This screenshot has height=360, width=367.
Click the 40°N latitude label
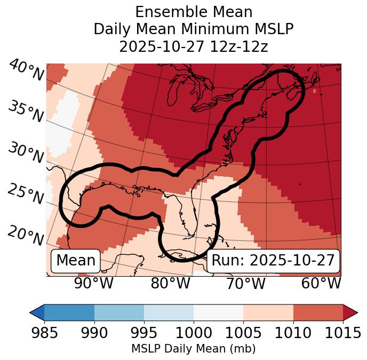pos(26,71)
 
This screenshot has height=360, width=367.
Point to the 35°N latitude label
pos(26,112)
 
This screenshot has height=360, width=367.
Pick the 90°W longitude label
pos(94,283)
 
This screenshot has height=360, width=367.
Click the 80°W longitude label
pos(170,283)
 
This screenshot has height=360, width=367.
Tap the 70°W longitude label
pos(245,283)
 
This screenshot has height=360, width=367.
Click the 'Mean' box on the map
pos(76,261)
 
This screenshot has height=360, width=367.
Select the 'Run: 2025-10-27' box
pos(273,261)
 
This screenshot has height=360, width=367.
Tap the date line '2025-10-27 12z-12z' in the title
pos(193,46)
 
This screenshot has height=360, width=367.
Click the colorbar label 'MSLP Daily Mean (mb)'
pos(193,349)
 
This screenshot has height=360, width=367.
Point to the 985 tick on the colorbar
pos(44,333)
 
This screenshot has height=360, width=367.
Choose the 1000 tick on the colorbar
pos(194,333)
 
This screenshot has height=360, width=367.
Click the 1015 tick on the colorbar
pos(343,333)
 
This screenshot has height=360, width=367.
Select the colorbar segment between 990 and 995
pos(119,312)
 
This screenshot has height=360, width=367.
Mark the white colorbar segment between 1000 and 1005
pos(218,312)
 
